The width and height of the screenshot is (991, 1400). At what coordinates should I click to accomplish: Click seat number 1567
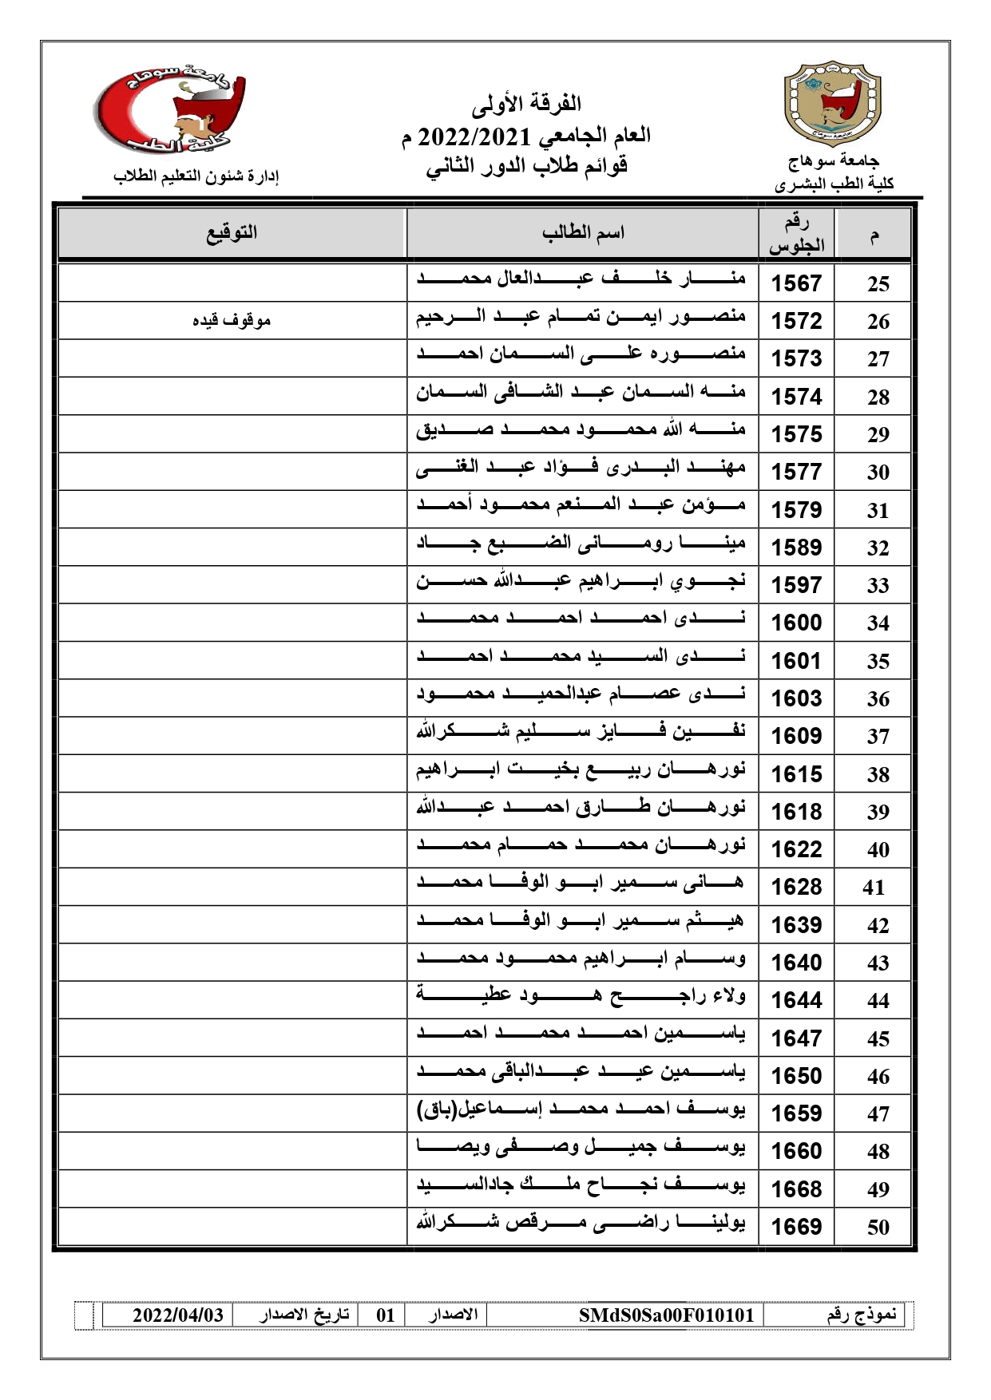tap(796, 283)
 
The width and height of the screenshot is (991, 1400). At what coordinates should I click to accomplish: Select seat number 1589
tap(796, 548)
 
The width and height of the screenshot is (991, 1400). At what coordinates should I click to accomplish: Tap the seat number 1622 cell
tap(796, 849)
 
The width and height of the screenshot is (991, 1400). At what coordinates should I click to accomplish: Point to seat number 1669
tap(796, 1227)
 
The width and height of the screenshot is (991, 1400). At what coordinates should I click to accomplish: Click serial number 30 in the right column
tap(878, 473)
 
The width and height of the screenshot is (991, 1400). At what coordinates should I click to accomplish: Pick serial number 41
tap(874, 888)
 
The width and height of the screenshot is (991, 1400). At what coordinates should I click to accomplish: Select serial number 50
tap(878, 1227)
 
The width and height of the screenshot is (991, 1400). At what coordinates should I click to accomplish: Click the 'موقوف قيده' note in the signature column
tap(232, 321)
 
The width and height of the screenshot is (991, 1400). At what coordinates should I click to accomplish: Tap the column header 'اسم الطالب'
tap(583, 233)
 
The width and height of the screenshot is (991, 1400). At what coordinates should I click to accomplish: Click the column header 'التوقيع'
tap(232, 233)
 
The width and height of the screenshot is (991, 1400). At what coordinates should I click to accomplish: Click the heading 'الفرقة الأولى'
tap(526, 104)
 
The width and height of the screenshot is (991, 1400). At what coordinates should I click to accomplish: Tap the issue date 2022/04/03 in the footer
tap(177, 1315)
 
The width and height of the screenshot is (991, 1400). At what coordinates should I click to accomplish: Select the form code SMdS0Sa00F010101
tap(666, 1315)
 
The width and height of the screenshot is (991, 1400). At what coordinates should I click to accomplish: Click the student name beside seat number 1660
tap(581, 1150)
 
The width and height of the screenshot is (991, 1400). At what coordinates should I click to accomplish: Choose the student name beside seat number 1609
tap(581, 734)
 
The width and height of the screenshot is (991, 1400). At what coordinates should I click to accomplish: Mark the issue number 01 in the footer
tap(386, 1315)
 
